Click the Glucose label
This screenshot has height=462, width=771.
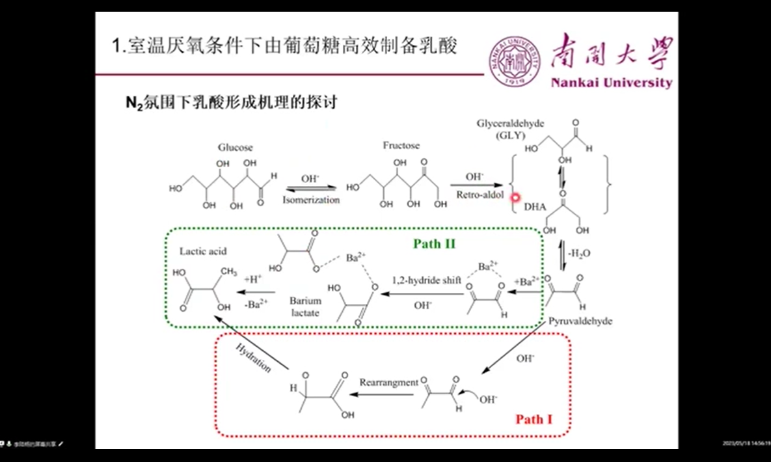click(x=235, y=148)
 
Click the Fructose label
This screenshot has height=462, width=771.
click(x=401, y=145)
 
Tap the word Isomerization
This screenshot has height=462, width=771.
click(x=311, y=200)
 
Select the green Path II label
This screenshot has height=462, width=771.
click(x=434, y=244)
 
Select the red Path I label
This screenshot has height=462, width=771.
click(x=534, y=419)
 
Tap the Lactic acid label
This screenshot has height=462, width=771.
click(x=203, y=251)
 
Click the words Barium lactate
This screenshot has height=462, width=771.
click(x=306, y=307)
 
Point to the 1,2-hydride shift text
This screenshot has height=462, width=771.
click(x=426, y=280)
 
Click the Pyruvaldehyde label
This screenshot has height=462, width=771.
click(x=580, y=321)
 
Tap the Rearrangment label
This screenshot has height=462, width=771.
click(x=388, y=383)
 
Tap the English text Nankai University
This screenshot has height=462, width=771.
click(x=611, y=83)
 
